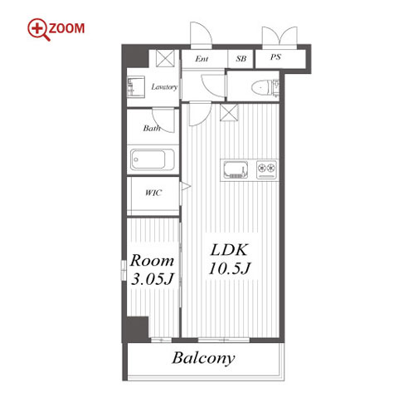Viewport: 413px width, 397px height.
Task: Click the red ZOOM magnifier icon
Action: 39,29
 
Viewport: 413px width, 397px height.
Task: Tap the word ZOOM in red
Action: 67,28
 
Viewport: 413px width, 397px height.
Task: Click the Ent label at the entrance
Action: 202,59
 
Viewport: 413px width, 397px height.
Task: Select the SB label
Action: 241,59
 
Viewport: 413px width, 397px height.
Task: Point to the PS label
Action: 275,57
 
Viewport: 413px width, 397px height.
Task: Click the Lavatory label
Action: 164,87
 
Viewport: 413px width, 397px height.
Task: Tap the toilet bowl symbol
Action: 261,88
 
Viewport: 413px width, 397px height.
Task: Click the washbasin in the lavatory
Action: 136,86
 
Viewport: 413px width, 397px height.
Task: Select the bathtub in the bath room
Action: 152,159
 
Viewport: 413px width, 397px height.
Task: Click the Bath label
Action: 152,128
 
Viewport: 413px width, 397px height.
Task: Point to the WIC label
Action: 153,193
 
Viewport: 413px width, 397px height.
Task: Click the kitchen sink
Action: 236,169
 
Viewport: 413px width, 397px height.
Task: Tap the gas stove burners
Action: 267,169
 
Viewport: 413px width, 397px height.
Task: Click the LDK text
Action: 229,250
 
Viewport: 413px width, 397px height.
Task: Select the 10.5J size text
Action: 230,268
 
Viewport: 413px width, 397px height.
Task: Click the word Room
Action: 152,260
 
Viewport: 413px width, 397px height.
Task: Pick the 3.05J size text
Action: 153,278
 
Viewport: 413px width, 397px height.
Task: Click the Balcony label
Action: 203,359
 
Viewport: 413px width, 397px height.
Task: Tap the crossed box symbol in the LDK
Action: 229,112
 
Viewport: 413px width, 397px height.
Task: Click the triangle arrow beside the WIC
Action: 185,186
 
